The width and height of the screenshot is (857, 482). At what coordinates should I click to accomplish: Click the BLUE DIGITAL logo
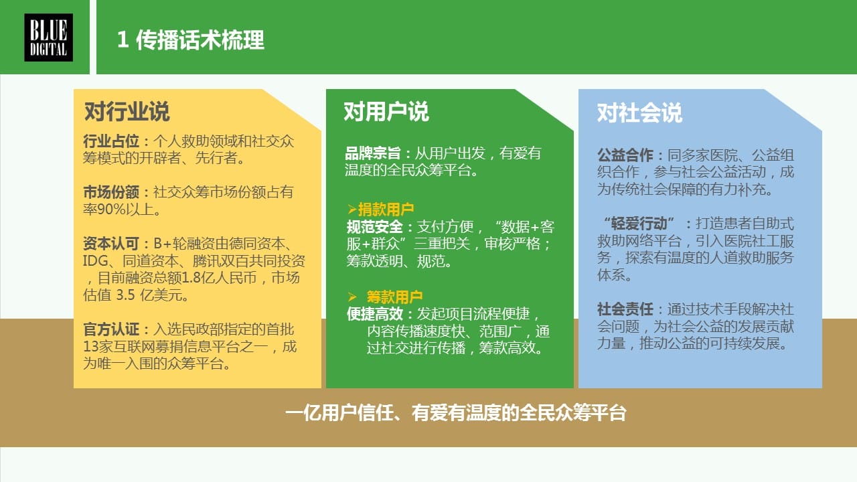point(49,37)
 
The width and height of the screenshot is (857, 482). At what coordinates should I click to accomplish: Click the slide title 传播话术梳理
point(200,39)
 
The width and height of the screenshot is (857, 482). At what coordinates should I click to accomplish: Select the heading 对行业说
point(127,112)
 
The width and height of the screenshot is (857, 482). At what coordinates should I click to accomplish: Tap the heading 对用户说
point(386,112)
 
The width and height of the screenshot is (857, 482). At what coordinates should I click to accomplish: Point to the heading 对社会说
point(639,113)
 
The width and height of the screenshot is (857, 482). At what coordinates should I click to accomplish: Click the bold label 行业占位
point(111,141)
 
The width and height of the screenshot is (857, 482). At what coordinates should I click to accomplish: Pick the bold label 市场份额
point(111,192)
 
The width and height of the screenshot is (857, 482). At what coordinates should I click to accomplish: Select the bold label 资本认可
point(111,243)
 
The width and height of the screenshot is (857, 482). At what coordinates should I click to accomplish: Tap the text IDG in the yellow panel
point(96,261)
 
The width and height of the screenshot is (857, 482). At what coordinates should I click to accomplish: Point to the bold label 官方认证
point(111,329)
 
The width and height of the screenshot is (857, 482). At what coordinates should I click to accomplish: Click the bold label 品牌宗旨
point(373,153)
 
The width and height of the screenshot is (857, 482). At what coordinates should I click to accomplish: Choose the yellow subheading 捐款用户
point(386,210)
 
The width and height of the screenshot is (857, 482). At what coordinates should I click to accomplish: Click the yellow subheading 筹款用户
point(395,297)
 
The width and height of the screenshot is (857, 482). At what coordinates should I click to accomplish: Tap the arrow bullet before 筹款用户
point(352,297)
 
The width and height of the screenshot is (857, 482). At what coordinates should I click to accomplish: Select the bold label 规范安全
point(375,227)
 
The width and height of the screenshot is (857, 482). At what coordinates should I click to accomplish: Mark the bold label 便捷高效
point(375,314)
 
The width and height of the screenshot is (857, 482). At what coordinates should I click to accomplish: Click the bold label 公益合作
point(625,155)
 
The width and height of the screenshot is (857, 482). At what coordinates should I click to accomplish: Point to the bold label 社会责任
point(625,309)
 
